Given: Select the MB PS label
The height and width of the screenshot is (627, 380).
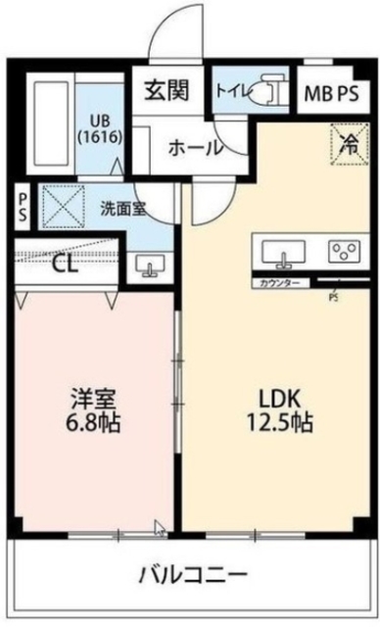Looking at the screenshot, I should coord(330,94).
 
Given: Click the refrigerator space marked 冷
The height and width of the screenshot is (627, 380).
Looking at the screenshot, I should coord(349,143).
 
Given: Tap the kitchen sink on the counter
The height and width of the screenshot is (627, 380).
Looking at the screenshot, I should coord(285,252).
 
